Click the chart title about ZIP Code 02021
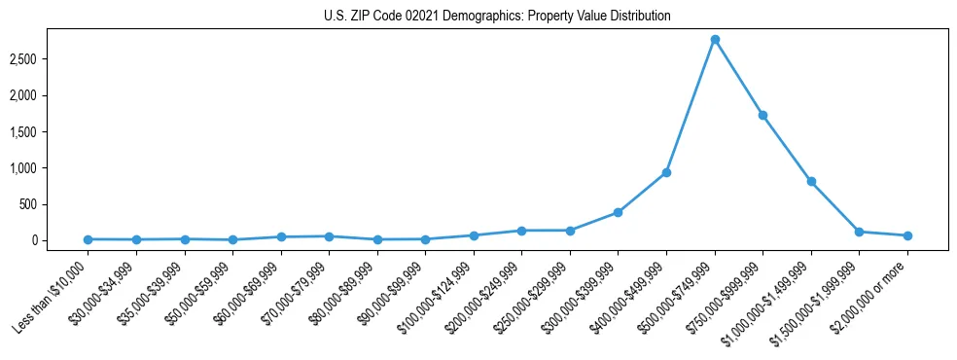[497, 17]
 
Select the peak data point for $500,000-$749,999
[715, 40]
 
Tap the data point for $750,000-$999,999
[762, 115]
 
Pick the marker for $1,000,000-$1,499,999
[811, 182]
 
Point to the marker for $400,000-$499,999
[666, 173]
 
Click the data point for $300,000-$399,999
[618, 212]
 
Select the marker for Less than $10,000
[88, 239]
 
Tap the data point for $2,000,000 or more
[907, 235]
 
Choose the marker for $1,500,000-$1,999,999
[859, 232]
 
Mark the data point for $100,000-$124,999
[474, 235]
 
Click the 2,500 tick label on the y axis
[50, 59]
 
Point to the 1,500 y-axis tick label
[50, 132]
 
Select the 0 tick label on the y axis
[60, 240]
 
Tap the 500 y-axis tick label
[54, 204]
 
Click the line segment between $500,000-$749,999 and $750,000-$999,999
[739, 78]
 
